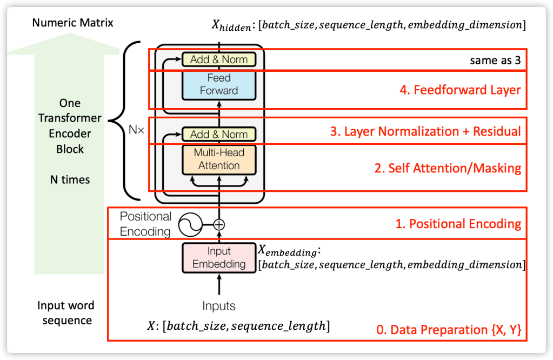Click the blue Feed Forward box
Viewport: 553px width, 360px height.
click(218, 85)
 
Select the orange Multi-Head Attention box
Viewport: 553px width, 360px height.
click(218, 159)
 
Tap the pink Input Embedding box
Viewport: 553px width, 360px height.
click(218, 258)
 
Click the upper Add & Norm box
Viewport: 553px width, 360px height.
click(218, 59)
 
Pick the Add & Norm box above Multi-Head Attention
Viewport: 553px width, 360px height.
click(218, 135)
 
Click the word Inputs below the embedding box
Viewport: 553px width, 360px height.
click(218, 306)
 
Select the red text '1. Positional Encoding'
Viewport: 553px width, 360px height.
click(457, 224)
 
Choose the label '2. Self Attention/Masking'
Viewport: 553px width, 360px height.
click(448, 168)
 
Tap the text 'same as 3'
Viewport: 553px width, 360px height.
click(495, 61)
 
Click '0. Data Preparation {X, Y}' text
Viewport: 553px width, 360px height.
click(448, 330)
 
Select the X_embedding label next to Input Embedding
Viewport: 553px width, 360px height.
click(289, 252)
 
